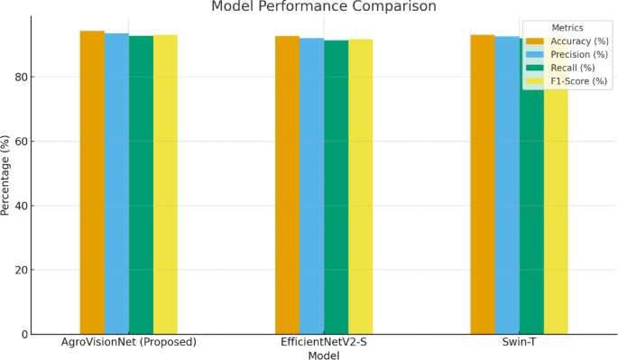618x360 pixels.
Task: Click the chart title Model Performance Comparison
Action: [323, 7]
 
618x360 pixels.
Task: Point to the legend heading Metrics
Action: [567, 27]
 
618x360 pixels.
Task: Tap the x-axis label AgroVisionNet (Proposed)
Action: [128, 343]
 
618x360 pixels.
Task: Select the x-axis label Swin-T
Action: [519, 343]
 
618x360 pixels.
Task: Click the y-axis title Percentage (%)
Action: [6, 175]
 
